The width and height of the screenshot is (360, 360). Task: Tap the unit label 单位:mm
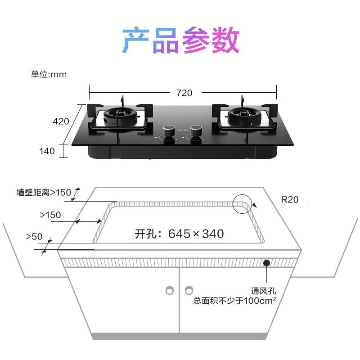(49, 74)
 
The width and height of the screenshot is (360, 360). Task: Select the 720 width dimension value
(184, 93)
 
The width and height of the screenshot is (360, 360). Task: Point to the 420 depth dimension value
(61, 121)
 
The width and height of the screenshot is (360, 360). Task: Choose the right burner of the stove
(243, 117)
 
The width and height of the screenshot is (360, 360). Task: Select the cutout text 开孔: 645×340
(179, 234)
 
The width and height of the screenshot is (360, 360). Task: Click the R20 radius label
(289, 200)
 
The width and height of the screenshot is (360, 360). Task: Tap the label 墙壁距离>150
(44, 193)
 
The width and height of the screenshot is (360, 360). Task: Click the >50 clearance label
(34, 236)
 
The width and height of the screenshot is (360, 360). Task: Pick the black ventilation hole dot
(267, 263)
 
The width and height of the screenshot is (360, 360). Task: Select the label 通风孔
(263, 291)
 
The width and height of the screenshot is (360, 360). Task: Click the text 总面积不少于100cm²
(234, 301)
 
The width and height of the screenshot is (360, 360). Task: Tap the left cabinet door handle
(170, 290)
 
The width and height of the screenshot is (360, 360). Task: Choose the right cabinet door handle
(189, 290)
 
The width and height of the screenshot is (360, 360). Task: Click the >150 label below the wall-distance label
(50, 215)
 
